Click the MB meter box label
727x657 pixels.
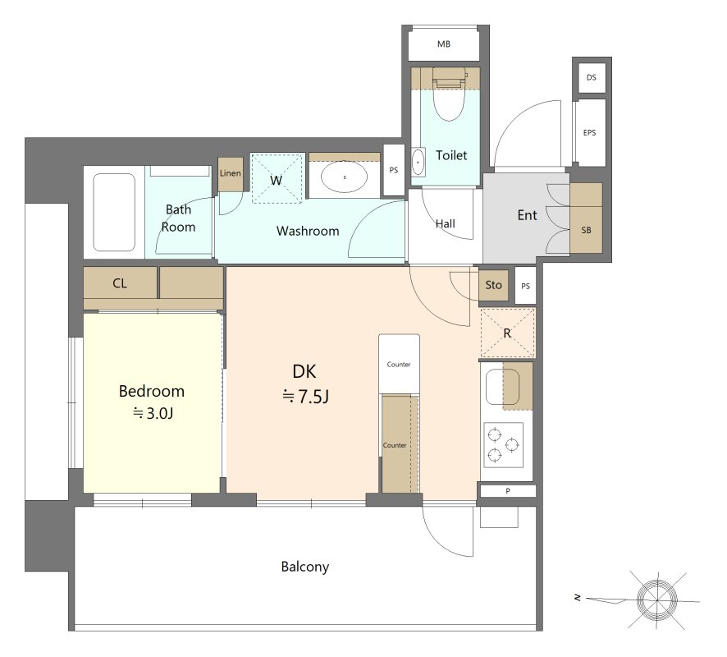(x=444, y=44)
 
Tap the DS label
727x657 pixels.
(x=591, y=77)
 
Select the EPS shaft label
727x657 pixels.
(x=589, y=133)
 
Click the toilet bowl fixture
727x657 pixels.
(x=449, y=94)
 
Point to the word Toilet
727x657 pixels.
(x=451, y=155)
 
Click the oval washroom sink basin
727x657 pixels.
(x=345, y=177)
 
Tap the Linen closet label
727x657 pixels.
(x=231, y=173)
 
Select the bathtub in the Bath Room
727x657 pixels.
(x=114, y=212)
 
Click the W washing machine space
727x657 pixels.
(x=277, y=178)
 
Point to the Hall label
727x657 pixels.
(x=445, y=223)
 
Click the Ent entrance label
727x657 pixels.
(x=527, y=215)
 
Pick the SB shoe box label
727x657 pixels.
(x=586, y=230)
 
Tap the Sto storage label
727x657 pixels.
(x=493, y=284)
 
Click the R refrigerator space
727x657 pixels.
(x=507, y=333)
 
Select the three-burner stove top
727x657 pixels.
(x=504, y=444)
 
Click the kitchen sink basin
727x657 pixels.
(x=502, y=387)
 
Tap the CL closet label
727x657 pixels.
(x=120, y=283)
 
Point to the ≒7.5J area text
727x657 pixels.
(x=305, y=397)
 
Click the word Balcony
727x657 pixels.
(x=305, y=567)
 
